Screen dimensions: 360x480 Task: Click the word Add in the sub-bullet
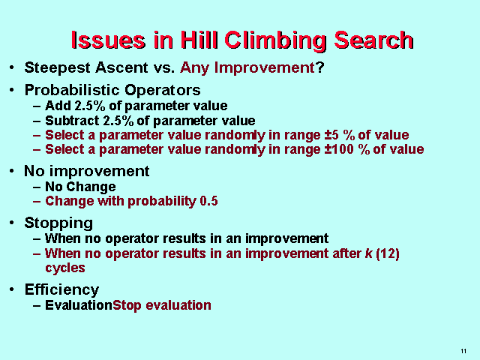coord(56,106)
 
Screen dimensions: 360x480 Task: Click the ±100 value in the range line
coord(307,149)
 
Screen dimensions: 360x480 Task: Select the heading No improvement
coord(87,171)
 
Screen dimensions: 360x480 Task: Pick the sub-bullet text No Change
coord(80,187)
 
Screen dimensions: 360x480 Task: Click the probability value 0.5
coord(208,201)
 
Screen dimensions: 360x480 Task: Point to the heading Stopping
coord(58,223)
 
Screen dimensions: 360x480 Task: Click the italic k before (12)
coord(368,253)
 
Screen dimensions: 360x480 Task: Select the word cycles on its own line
coord(65,268)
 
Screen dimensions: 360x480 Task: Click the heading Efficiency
coord(61,289)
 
